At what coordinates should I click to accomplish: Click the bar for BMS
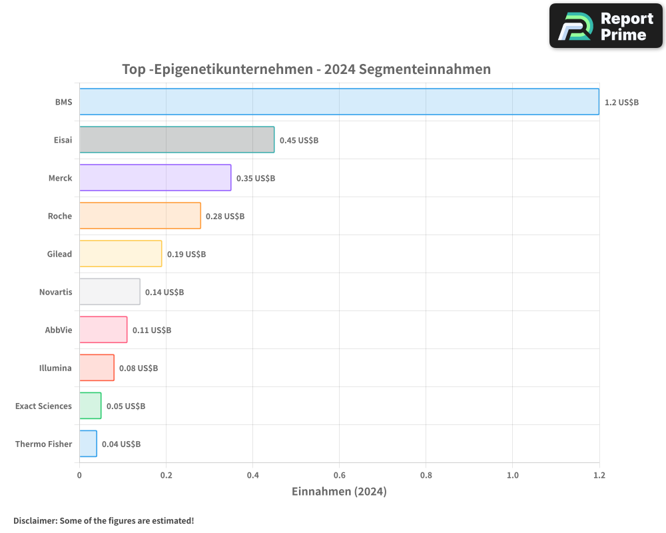coord(339,102)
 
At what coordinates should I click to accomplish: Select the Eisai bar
coord(176,140)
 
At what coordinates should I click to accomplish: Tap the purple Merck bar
coord(155,178)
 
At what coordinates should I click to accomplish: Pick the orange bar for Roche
coord(140,216)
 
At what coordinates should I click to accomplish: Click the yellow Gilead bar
coord(121,254)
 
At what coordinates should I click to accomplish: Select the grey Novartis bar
coord(110,292)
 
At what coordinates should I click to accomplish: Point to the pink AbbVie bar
coord(103,330)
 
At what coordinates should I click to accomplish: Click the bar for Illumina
coord(97,368)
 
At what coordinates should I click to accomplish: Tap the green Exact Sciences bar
coord(91,406)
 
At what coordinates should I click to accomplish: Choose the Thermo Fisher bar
coord(88,444)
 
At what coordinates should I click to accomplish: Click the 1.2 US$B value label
coord(621,103)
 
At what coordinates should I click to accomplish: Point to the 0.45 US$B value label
coord(298,141)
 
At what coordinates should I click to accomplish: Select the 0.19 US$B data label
coord(186,255)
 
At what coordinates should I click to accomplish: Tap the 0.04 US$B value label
coord(121,444)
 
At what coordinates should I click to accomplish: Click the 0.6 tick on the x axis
coord(339,475)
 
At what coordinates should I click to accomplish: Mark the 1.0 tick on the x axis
coord(512,475)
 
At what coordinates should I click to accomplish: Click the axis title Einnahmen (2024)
coord(339,492)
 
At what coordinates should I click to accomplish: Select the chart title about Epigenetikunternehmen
coord(306,69)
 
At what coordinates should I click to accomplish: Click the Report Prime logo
coord(606,26)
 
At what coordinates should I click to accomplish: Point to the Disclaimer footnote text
coord(104,520)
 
